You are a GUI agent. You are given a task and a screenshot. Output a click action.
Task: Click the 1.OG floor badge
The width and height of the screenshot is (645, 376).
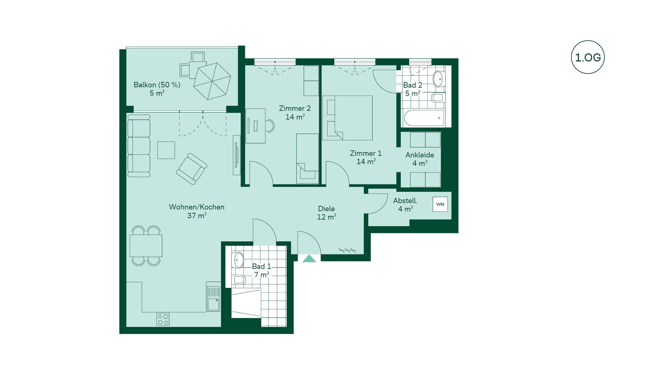(588, 57)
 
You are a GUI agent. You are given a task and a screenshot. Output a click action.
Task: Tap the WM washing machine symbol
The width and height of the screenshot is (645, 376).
(440, 204)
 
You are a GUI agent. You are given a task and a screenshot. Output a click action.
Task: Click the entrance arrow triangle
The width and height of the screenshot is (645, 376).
(309, 258)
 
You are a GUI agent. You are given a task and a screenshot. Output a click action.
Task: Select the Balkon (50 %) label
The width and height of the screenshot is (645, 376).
(157, 85)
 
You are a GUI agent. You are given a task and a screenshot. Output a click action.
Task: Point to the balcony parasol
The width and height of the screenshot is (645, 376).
(212, 81)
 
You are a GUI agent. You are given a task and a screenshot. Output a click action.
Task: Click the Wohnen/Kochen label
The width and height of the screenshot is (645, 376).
(197, 207)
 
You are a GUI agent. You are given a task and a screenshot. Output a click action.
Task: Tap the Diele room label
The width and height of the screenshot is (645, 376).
(327, 208)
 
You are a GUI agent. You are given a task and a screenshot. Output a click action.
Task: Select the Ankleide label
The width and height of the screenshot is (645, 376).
(420, 155)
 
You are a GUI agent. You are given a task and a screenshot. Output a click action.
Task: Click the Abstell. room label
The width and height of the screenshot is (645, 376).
(405, 200)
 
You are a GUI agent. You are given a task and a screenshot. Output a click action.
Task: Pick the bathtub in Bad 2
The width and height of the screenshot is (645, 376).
(424, 118)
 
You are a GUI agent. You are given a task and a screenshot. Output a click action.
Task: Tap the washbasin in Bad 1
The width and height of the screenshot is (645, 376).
(238, 260)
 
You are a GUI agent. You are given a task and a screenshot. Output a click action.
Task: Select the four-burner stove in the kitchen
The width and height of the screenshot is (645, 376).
(163, 319)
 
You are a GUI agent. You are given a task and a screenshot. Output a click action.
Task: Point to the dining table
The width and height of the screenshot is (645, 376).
(146, 246)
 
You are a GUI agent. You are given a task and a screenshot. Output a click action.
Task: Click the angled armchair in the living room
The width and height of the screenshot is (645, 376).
(191, 169)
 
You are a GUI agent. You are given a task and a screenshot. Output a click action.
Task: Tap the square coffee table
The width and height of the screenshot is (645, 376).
(166, 150)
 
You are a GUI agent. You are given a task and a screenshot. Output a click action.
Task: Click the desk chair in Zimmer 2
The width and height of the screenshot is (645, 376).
(270, 126)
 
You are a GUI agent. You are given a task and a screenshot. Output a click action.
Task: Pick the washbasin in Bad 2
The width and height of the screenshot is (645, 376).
(438, 79)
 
